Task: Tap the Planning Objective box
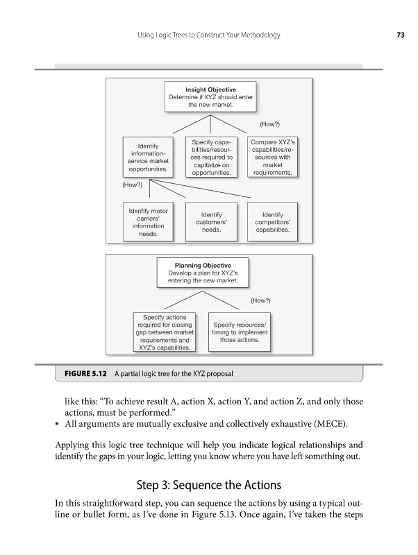201,273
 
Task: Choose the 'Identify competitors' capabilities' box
272,221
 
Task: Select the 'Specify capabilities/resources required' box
211,157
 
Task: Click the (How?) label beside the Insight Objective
269,124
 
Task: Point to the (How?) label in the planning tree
260,300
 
